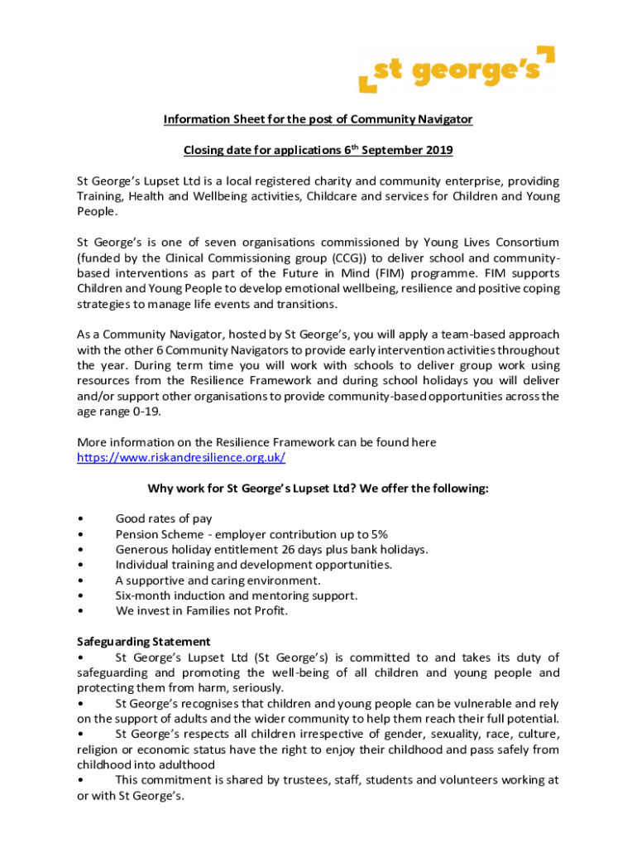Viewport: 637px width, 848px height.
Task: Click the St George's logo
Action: (457, 70)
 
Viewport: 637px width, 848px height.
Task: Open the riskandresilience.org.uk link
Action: (181, 457)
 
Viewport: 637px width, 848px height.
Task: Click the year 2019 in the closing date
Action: (438, 151)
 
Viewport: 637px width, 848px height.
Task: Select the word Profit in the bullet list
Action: (268, 611)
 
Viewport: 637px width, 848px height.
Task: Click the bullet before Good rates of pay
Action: (79, 519)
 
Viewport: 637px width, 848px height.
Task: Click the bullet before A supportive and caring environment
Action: (79, 581)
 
